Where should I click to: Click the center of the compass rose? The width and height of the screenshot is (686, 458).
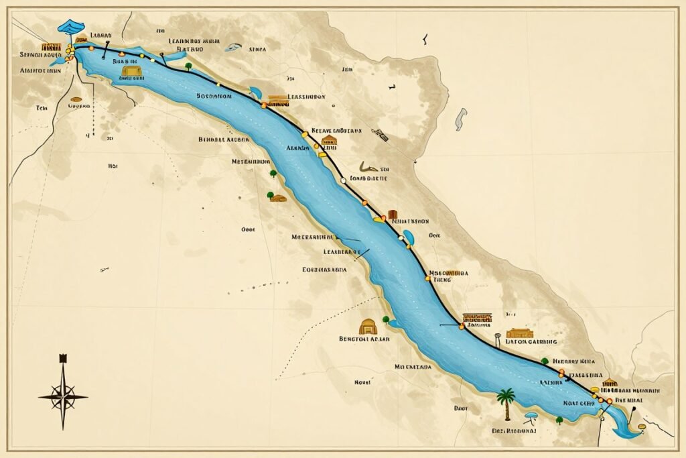pyautogui.click(x=63, y=396)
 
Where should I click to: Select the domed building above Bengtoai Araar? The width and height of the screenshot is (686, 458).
pyautogui.click(x=368, y=327)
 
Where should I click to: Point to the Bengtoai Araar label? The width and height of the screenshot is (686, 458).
pyautogui.click(x=365, y=339)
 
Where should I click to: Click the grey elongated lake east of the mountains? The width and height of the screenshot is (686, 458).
pyautogui.click(x=460, y=119)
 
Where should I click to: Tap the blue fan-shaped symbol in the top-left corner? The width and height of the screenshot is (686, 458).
pyautogui.click(x=71, y=27)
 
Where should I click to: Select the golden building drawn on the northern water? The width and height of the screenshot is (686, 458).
pyautogui.click(x=131, y=70)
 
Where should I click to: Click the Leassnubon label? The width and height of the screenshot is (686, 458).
pyautogui.click(x=306, y=97)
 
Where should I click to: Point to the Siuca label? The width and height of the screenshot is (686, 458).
pyautogui.click(x=257, y=49)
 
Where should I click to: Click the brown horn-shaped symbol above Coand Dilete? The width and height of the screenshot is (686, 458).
pyautogui.click(x=368, y=167)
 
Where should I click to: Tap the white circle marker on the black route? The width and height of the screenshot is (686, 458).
pyautogui.click(x=343, y=180)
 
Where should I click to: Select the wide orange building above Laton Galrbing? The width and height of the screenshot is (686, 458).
pyautogui.click(x=520, y=333)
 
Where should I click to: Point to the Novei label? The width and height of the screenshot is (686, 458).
pyautogui.click(x=362, y=382)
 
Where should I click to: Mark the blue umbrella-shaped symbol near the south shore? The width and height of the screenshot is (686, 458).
pyautogui.click(x=531, y=418)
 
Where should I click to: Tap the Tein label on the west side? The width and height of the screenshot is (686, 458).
pyautogui.click(x=42, y=107)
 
